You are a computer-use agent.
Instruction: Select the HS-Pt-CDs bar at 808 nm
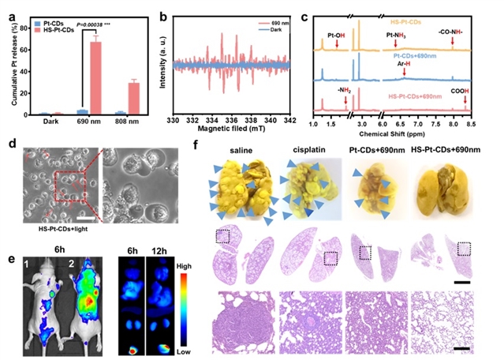(134, 99)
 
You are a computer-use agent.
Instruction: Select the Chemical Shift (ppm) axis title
(398, 132)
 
